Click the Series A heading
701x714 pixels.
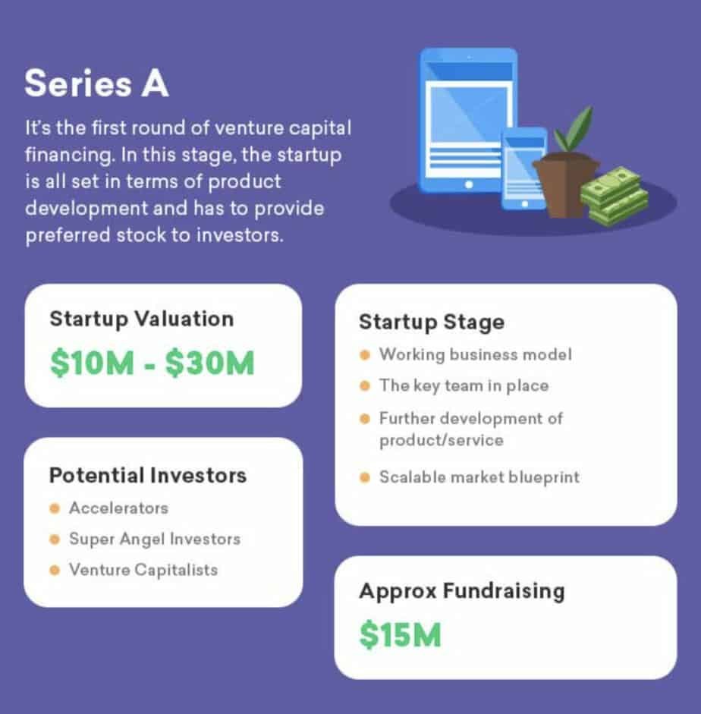click(x=96, y=83)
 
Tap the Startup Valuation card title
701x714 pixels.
click(x=142, y=319)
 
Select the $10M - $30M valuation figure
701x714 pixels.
click(x=152, y=363)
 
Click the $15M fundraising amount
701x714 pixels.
click(x=400, y=634)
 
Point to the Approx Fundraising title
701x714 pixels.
click(x=461, y=592)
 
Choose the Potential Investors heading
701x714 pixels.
click(x=148, y=476)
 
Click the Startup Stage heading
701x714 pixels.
click(x=432, y=322)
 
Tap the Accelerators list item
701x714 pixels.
click(x=118, y=508)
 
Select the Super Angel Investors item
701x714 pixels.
click(x=155, y=539)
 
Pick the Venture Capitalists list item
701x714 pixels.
click(x=143, y=570)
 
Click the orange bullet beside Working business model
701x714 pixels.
click(x=365, y=354)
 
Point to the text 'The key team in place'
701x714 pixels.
click(x=464, y=385)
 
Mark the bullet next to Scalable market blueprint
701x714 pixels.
click(x=365, y=477)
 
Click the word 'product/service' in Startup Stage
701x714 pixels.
click(x=442, y=441)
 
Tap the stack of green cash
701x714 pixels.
click(x=615, y=195)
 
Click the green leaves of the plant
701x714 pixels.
click(x=574, y=130)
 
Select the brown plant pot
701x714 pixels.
click(x=566, y=184)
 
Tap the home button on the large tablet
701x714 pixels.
click(x=468, y=184)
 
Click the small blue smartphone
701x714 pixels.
click(x=524, y=168)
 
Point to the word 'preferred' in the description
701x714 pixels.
click(x=68, y=236)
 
